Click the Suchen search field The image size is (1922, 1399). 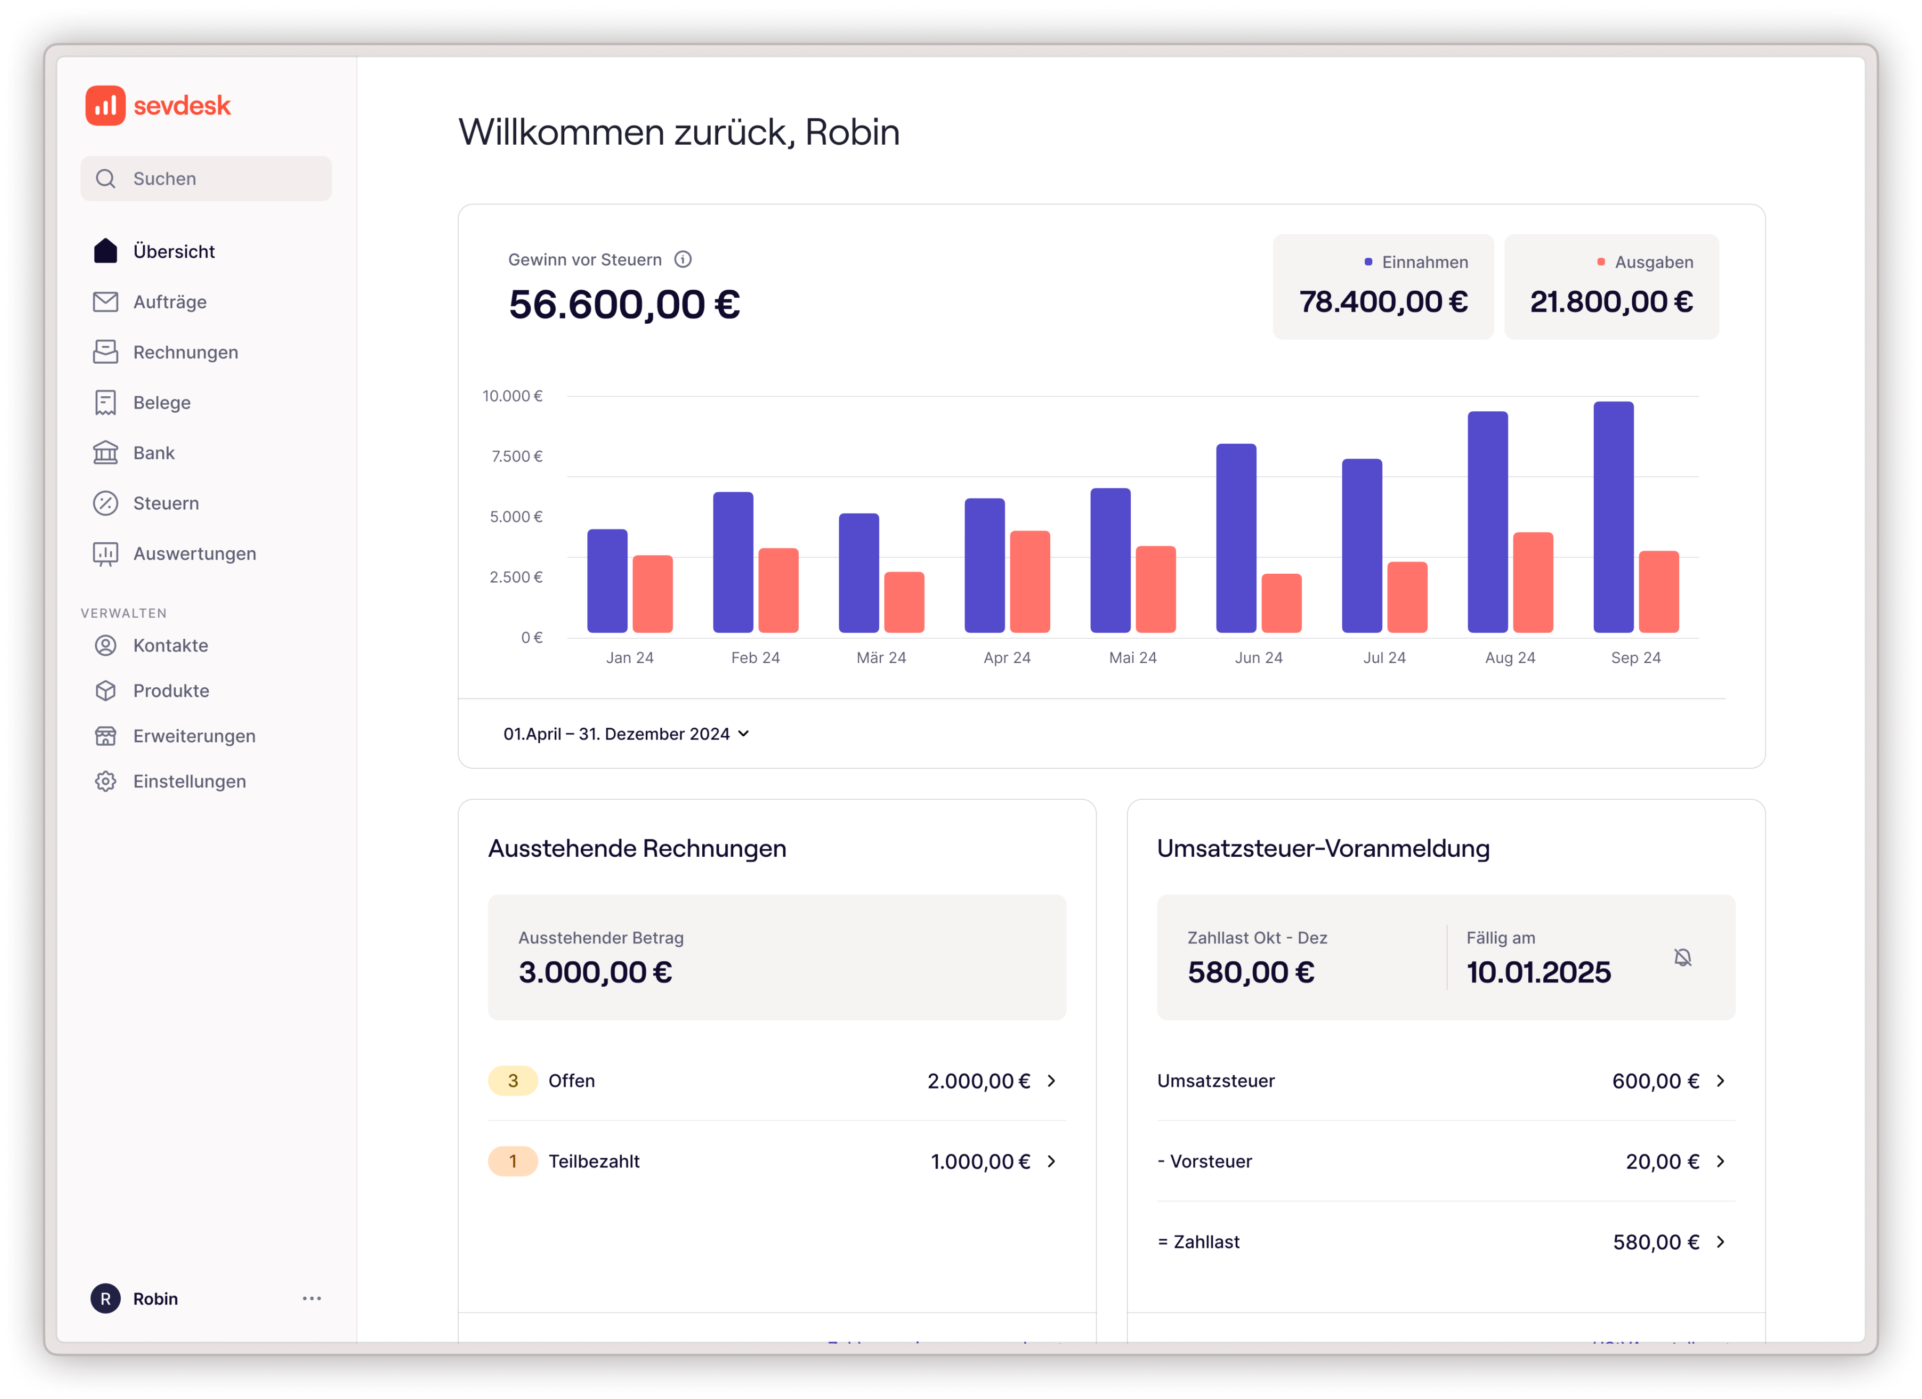pyautogui.click(x=206, y=179)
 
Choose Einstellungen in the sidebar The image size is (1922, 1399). pyautogui.click(x=189, y=781)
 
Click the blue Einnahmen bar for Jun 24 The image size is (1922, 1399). pyautogui.click(x=1236, y=538)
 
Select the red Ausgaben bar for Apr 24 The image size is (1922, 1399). pyautogui.click(x=1030, y=581)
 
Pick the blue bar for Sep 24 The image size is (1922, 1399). pyautogui.click(x=1613, y=517)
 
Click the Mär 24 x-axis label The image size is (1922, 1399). pyautogui.click(x=880, y=658)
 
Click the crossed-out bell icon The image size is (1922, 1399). pyautogui.click(x=1682, y=957)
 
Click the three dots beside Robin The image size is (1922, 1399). pyautogui.click(x=312, y=1298)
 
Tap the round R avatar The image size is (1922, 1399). pyautogui.click(x=105, y=1298)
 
